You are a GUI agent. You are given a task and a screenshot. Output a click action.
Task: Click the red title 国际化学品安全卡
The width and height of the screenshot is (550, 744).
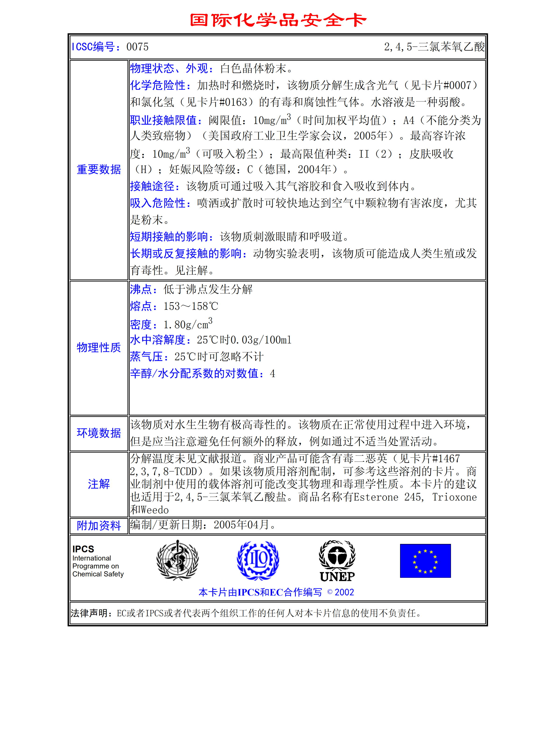278,20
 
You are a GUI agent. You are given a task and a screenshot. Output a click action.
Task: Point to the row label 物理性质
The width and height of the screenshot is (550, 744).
99,348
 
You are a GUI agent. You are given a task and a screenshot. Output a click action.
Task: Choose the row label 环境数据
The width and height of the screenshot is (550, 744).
99,433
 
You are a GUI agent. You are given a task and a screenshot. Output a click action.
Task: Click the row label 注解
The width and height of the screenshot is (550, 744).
99,484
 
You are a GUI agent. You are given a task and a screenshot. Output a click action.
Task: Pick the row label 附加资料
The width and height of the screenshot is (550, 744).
99,525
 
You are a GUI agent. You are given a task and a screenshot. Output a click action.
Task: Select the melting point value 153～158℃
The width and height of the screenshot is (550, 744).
191,306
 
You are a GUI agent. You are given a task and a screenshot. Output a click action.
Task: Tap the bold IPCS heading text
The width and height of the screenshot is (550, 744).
83,549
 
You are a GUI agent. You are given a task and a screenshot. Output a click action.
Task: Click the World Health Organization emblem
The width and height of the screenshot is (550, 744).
177,561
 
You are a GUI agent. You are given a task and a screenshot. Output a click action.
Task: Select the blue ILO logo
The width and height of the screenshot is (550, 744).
258,561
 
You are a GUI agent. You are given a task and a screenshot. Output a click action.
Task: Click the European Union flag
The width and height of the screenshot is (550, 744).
425,561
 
